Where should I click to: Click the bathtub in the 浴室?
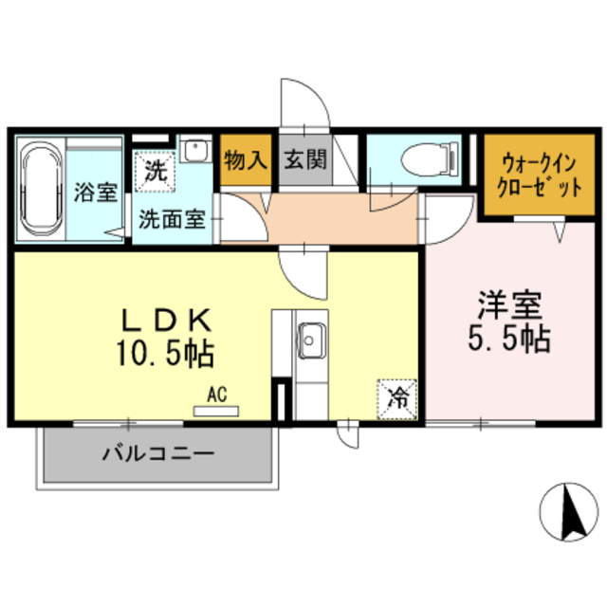coord(40,191)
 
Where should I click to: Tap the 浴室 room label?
coord(95,192)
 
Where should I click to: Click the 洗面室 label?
coord(172,218)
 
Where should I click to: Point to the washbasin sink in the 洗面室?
coord(196,152)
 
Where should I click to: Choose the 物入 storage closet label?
coord(245,158)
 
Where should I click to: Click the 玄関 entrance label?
coord(304,160)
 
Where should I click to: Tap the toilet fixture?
coord(422,158)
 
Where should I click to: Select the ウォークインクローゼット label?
coord(528,175)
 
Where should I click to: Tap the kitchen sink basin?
coord(310,336)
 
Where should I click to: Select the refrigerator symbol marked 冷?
coord(396,396)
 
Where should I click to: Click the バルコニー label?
coord(158,454)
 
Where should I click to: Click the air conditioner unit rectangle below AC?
coord(217,411)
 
